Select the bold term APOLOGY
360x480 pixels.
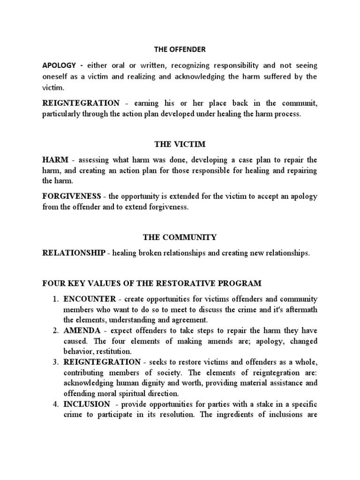point(58,66)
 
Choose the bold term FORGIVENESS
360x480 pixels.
point(71,197)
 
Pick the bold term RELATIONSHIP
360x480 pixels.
point(74,254)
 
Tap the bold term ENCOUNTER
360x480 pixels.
point(88,299)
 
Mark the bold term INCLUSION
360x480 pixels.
point(87,404)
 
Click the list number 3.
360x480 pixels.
point(55,362)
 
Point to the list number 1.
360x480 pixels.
point(55,299)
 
